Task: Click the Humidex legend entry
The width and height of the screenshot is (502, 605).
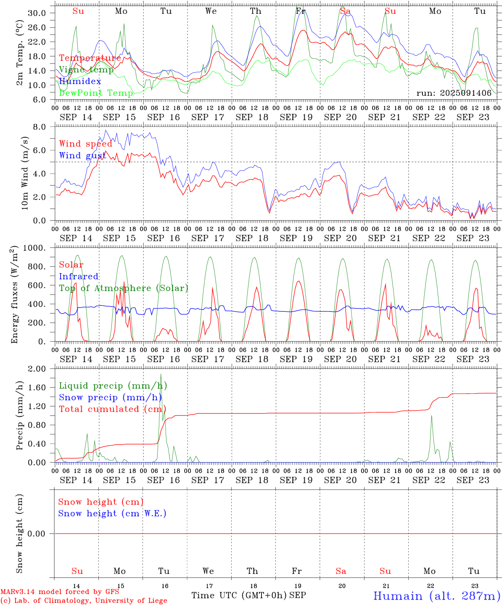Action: click(80, 82)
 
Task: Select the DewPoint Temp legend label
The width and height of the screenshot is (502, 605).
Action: click(96, 93)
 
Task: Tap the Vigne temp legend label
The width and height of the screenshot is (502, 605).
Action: click(86, 70)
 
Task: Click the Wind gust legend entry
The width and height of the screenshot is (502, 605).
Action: click(82, 155)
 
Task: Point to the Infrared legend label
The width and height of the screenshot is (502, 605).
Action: click(79, 276)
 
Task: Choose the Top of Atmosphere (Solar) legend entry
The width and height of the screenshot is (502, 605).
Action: click(124, 288)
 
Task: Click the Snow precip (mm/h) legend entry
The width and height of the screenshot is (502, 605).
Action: click(110, 397)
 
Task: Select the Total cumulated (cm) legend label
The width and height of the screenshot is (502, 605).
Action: click(112, 409)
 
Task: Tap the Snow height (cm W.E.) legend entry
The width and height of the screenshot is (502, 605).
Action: click(112, 513)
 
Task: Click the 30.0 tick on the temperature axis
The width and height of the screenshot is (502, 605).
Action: click(37, 13)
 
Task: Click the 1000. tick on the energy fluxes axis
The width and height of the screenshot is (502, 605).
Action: click(34, 248)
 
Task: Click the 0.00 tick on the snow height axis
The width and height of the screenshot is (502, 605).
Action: click(37, 534)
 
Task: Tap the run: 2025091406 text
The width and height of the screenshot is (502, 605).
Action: click(454, 93)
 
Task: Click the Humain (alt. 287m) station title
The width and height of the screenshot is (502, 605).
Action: click(436, 596)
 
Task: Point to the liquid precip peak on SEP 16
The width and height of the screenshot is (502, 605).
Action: click(161, 374)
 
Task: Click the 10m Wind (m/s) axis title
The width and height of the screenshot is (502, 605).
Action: click(25, 173)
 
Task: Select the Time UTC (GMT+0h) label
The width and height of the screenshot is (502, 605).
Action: click(239, 595)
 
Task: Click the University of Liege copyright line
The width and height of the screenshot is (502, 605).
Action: click(84, 600)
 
